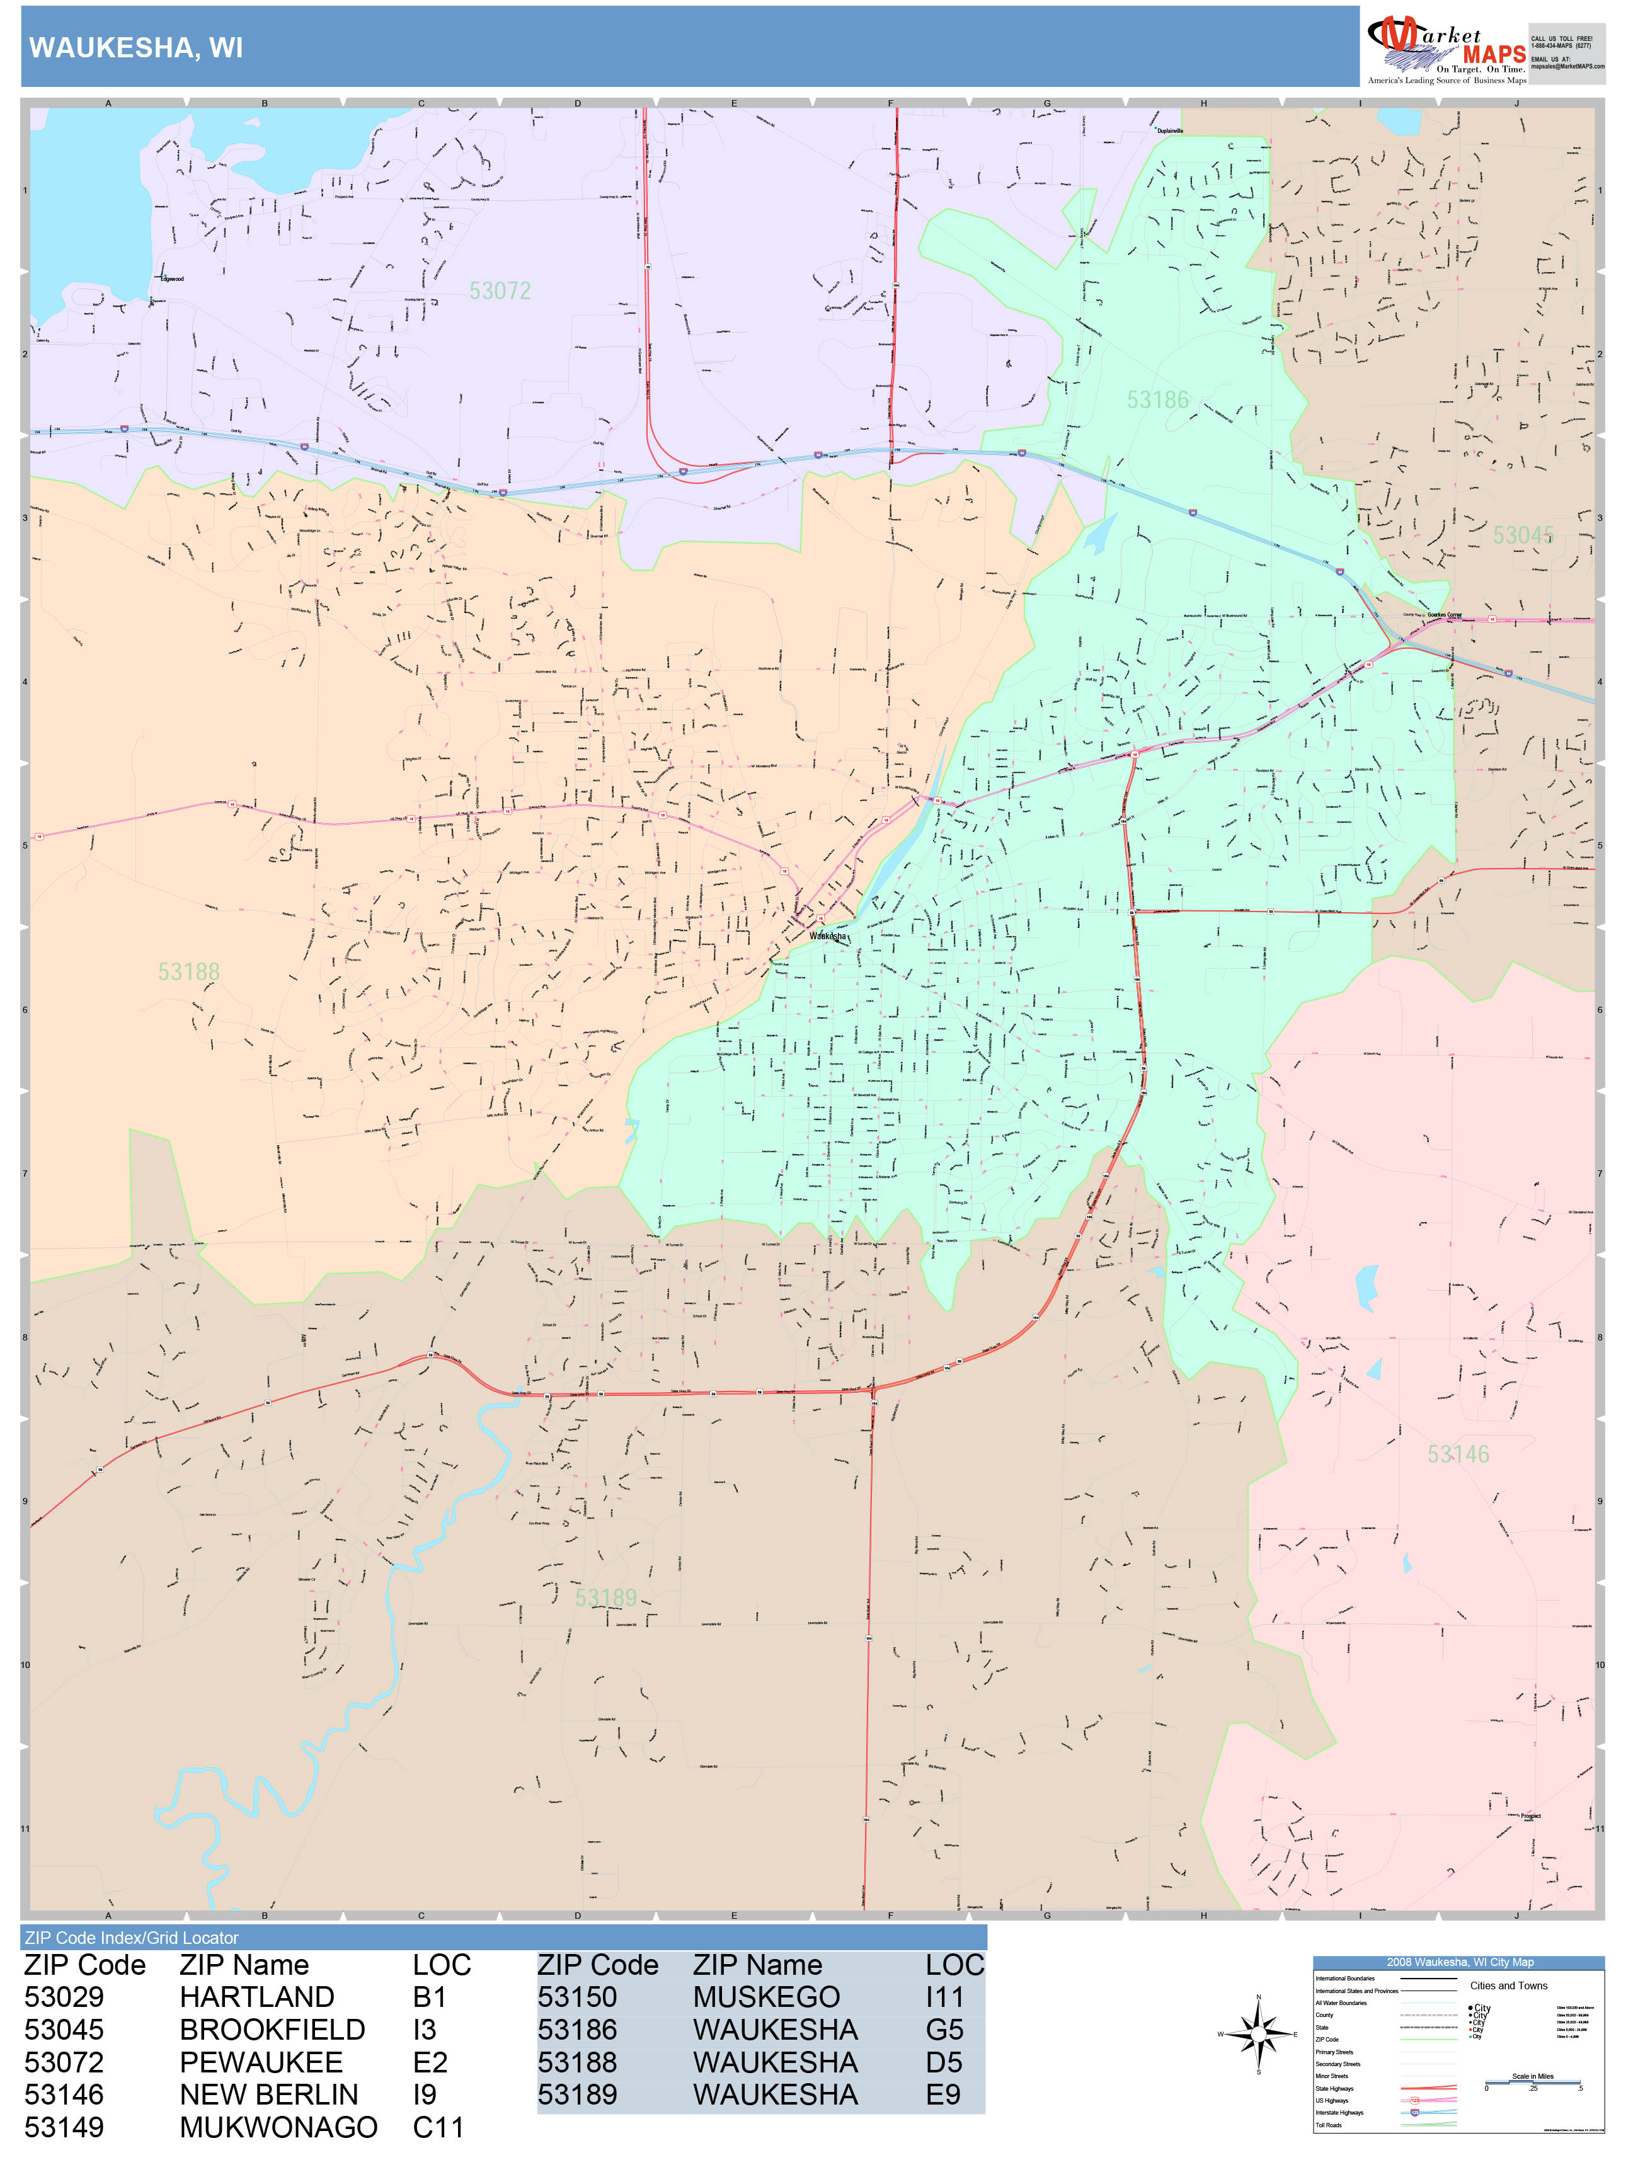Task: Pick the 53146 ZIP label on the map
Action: click(1458, 1454)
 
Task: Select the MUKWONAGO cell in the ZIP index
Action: click(278, 2128)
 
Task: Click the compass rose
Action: click(1258, 2033)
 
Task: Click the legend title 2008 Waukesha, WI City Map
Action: click(1458, 1962)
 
